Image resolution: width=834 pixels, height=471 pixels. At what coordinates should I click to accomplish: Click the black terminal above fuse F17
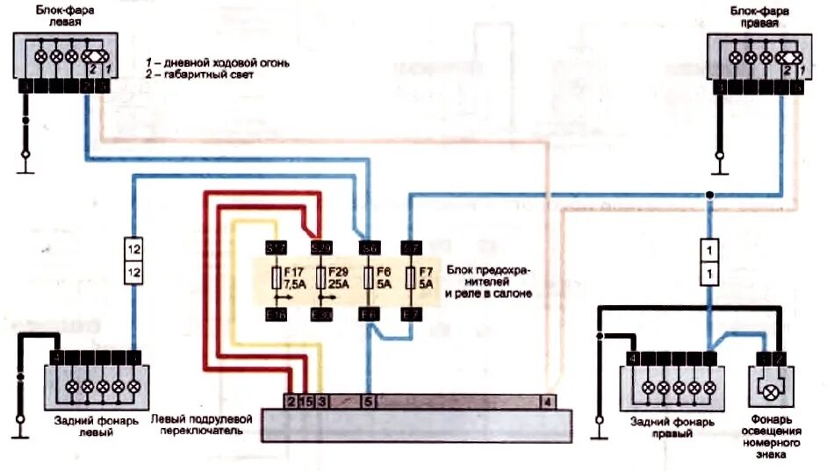tap(277, 248)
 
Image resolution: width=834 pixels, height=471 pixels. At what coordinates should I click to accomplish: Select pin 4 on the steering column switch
tap(548, 402)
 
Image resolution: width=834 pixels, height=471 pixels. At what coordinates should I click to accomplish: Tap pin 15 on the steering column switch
tap(306, 402)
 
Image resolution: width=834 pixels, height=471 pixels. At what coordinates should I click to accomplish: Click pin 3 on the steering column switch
tap(322, 402)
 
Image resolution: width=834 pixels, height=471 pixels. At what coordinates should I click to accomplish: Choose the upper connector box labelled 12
tap(133, 249)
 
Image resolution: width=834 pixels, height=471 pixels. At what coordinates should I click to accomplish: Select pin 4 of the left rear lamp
tap(55, 357)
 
